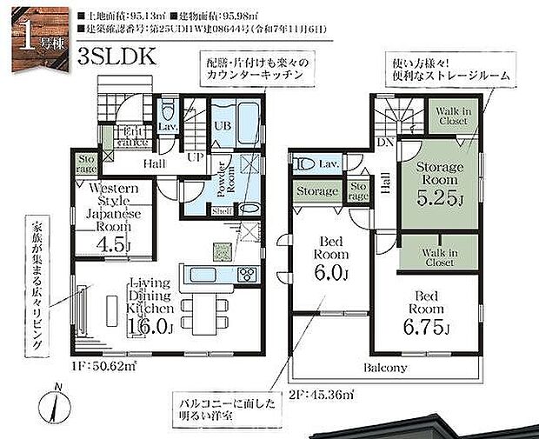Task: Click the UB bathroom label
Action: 223,125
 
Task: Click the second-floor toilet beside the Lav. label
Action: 305,164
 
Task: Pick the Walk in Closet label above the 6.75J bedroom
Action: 439,256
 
